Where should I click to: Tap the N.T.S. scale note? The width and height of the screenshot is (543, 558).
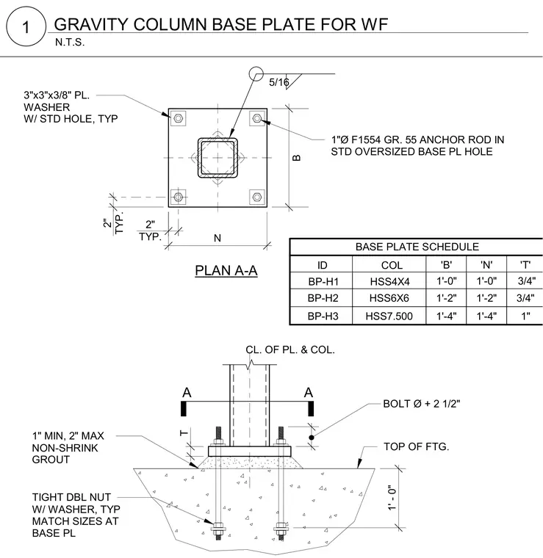coord(70,43)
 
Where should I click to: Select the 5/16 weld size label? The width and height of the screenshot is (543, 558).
coord(278,82)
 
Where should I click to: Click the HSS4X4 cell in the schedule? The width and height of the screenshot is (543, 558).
coord(389,281)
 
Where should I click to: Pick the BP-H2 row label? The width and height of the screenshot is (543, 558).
coord(323,298)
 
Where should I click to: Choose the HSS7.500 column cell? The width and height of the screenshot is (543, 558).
coord(389,316)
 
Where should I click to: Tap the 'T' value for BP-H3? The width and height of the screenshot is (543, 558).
coord(525,316)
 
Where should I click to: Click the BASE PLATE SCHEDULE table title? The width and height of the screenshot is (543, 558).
coord(417,247)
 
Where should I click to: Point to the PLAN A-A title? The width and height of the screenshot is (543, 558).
coord(226,270)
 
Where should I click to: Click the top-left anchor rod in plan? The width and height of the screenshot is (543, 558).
coord(179,118)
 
